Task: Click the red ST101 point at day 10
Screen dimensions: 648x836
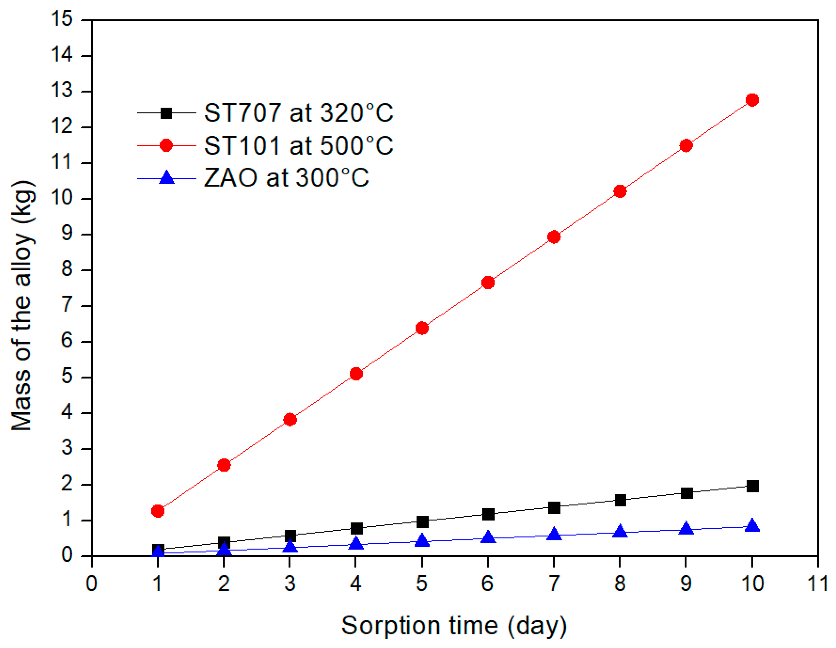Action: click(752, 100)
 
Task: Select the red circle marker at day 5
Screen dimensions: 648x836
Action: click(422, 328)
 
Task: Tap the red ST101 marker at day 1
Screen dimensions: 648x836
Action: click(158, 511)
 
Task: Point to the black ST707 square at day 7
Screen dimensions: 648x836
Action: click(554, 508)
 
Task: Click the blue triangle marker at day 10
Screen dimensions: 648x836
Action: click(752, 525)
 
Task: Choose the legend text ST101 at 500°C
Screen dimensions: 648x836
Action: click(298, 146)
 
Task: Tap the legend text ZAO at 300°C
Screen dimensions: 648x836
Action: click(286, 178)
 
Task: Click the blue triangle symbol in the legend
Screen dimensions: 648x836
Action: click(167, 178)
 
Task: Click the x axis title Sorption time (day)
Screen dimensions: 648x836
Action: click(453, 626)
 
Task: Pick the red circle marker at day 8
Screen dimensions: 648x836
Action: click(620, 191)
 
